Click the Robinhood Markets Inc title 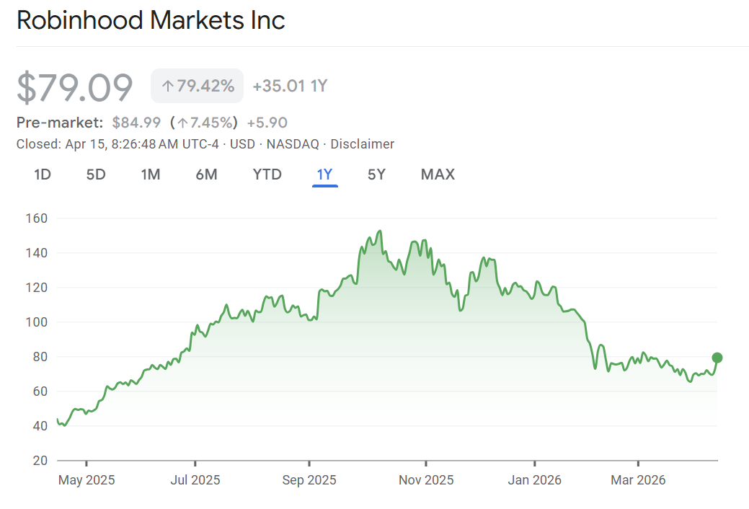151,20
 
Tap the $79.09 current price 75,87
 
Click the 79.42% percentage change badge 198,86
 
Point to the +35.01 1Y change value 290,87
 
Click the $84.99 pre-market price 136,123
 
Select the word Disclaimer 362,144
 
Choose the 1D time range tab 43,174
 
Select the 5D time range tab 96,174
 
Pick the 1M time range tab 150,174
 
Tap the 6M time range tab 206,174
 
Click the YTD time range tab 267,174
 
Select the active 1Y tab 324,174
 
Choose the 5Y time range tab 376,174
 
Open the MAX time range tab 438,174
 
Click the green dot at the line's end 717,358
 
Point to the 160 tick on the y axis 36,218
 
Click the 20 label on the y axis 40,461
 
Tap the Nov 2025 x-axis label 426,480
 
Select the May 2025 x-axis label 86,480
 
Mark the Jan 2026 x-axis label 535,480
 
